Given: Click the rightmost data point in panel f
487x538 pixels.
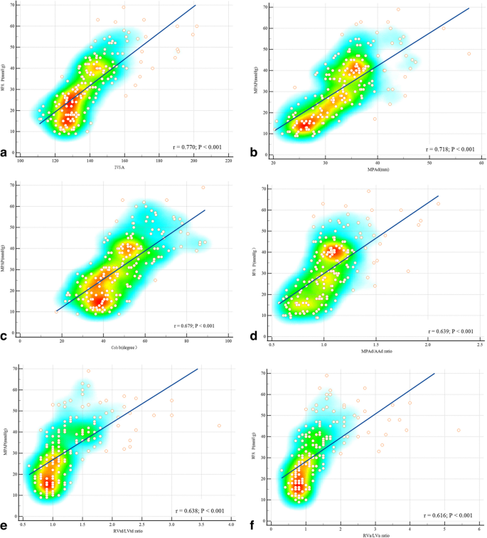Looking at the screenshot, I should (x=459, y=430).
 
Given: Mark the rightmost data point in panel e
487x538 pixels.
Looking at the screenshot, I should (x=219, y=426).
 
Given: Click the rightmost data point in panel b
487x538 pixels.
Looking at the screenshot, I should (x=469, y=54).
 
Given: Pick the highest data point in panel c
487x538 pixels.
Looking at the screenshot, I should (x=203, y=188).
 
